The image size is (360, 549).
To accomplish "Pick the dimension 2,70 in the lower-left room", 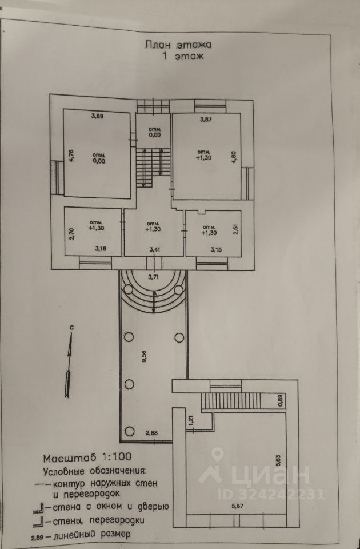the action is [x=71, y=234].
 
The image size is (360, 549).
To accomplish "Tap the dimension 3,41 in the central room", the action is [x=154, y=250].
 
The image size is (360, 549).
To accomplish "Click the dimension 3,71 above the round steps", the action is [x=153, y=277].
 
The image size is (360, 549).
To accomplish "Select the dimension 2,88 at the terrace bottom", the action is [x=151, y=433].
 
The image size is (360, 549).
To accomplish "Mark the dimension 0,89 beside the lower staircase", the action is [x=280, y=401].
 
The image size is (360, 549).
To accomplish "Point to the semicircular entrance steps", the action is [x=153, y=292].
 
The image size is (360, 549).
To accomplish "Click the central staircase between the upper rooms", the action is [x=153, y=166].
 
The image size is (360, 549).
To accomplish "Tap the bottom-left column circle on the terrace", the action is [x=130, y=432].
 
